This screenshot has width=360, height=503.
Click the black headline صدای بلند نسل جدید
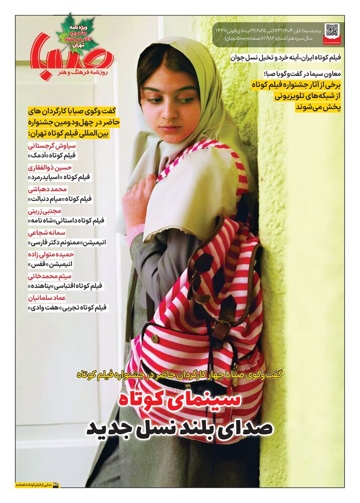[x=180, y=429]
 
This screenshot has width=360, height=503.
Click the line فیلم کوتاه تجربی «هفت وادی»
[x=67, y=307]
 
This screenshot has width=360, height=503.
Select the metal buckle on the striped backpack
[x=220, y=329]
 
